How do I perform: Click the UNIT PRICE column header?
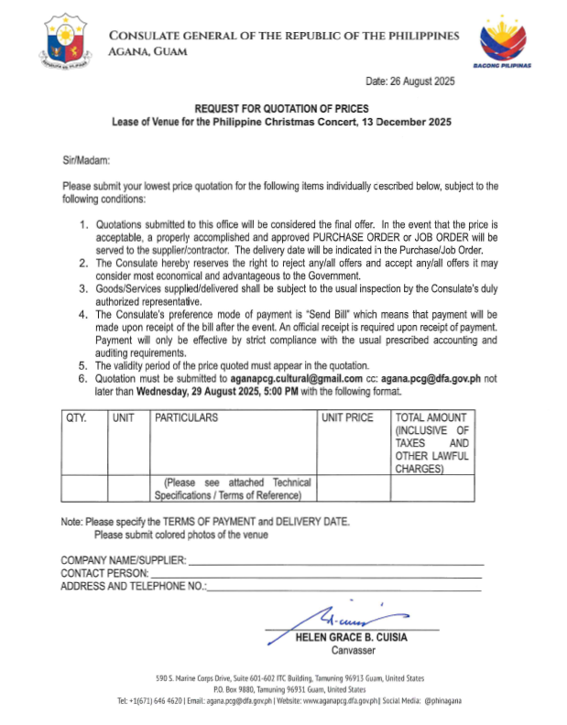(x=348, y=417)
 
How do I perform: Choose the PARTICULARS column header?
(x=187, y=417)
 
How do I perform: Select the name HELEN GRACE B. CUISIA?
(x=349, y=637)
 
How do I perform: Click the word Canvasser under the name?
(x=348, y=650)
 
